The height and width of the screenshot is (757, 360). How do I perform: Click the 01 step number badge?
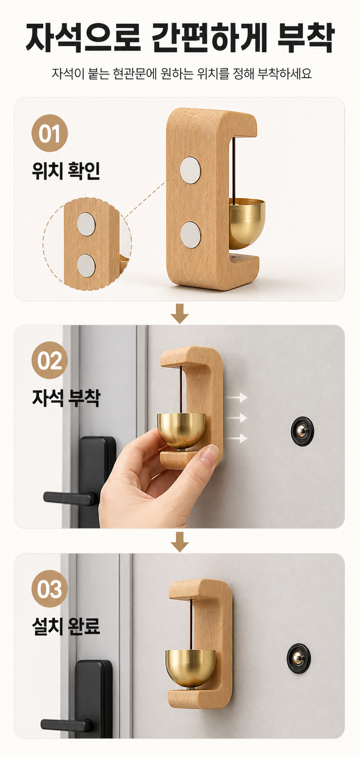50,133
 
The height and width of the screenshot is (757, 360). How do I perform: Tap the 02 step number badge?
50,360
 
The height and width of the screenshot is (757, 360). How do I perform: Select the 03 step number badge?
50,589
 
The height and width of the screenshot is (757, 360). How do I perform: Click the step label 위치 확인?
66,170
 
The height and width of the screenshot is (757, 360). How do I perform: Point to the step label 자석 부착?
66,398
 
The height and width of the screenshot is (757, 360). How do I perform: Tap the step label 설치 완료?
66,626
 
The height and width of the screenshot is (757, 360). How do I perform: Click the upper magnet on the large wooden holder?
190,170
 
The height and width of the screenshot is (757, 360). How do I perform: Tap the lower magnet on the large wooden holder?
190,234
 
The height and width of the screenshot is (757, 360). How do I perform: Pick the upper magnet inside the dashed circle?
86,224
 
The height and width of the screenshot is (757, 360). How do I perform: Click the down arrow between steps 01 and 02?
180,313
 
